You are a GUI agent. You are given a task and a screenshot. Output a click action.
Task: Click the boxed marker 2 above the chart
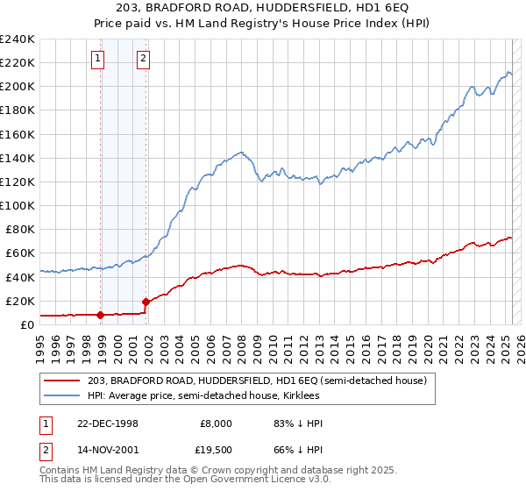pyautogui.click(x=142, y=60)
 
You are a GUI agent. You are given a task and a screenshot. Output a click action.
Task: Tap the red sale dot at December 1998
pyautogui.click(x=101, y=315)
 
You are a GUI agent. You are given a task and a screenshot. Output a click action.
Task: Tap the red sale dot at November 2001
pyautogui.click(x=146, y=301)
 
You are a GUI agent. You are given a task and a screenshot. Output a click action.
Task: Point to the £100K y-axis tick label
pyautogui.click(x=18, y=205)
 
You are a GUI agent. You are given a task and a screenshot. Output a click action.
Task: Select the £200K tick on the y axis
pyautogui.click(x=18, y=86)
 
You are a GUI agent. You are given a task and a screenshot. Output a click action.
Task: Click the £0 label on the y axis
pyautogui.click(x=26, y=324)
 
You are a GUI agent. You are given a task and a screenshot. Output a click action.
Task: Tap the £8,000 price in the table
pyautogui.click(x=213, y=423)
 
